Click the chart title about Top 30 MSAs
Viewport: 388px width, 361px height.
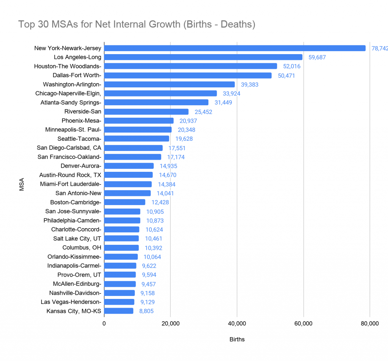137,25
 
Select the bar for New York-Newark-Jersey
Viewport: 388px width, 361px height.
235,48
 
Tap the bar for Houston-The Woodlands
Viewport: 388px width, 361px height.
191,66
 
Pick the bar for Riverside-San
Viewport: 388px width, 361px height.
146,112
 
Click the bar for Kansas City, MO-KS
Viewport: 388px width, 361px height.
119,311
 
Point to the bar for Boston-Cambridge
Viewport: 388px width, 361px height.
125,202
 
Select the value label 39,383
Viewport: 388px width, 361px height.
249,85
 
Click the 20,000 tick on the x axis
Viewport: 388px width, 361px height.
171,324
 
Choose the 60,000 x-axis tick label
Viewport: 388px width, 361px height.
303,324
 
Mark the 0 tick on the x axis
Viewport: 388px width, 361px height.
104,324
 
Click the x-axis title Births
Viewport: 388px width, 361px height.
237,339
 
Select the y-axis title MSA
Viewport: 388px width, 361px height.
22,184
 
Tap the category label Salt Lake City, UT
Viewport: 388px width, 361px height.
77,238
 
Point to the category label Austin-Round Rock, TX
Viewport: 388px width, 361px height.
70,175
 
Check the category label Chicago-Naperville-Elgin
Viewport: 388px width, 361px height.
68,93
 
